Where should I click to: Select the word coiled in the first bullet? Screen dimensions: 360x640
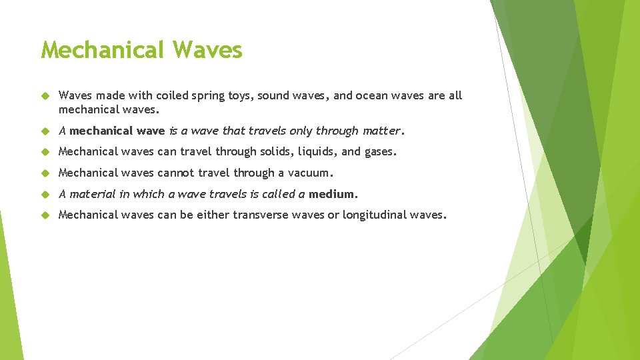click(x=174, y=95)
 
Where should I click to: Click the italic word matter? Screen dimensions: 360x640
click(x=381, y=131)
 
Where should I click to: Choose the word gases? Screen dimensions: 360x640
click(x=380, y=152)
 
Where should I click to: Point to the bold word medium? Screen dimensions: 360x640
click(x=333, y=195)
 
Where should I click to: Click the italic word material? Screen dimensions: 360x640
click(x=93, y=195)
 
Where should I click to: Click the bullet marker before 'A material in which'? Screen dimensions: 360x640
click(x=45, y=195)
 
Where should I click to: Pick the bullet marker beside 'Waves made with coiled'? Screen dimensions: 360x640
click(x=45, y=96)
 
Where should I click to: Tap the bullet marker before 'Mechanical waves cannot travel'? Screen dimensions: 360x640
click(x=45, y=173)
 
